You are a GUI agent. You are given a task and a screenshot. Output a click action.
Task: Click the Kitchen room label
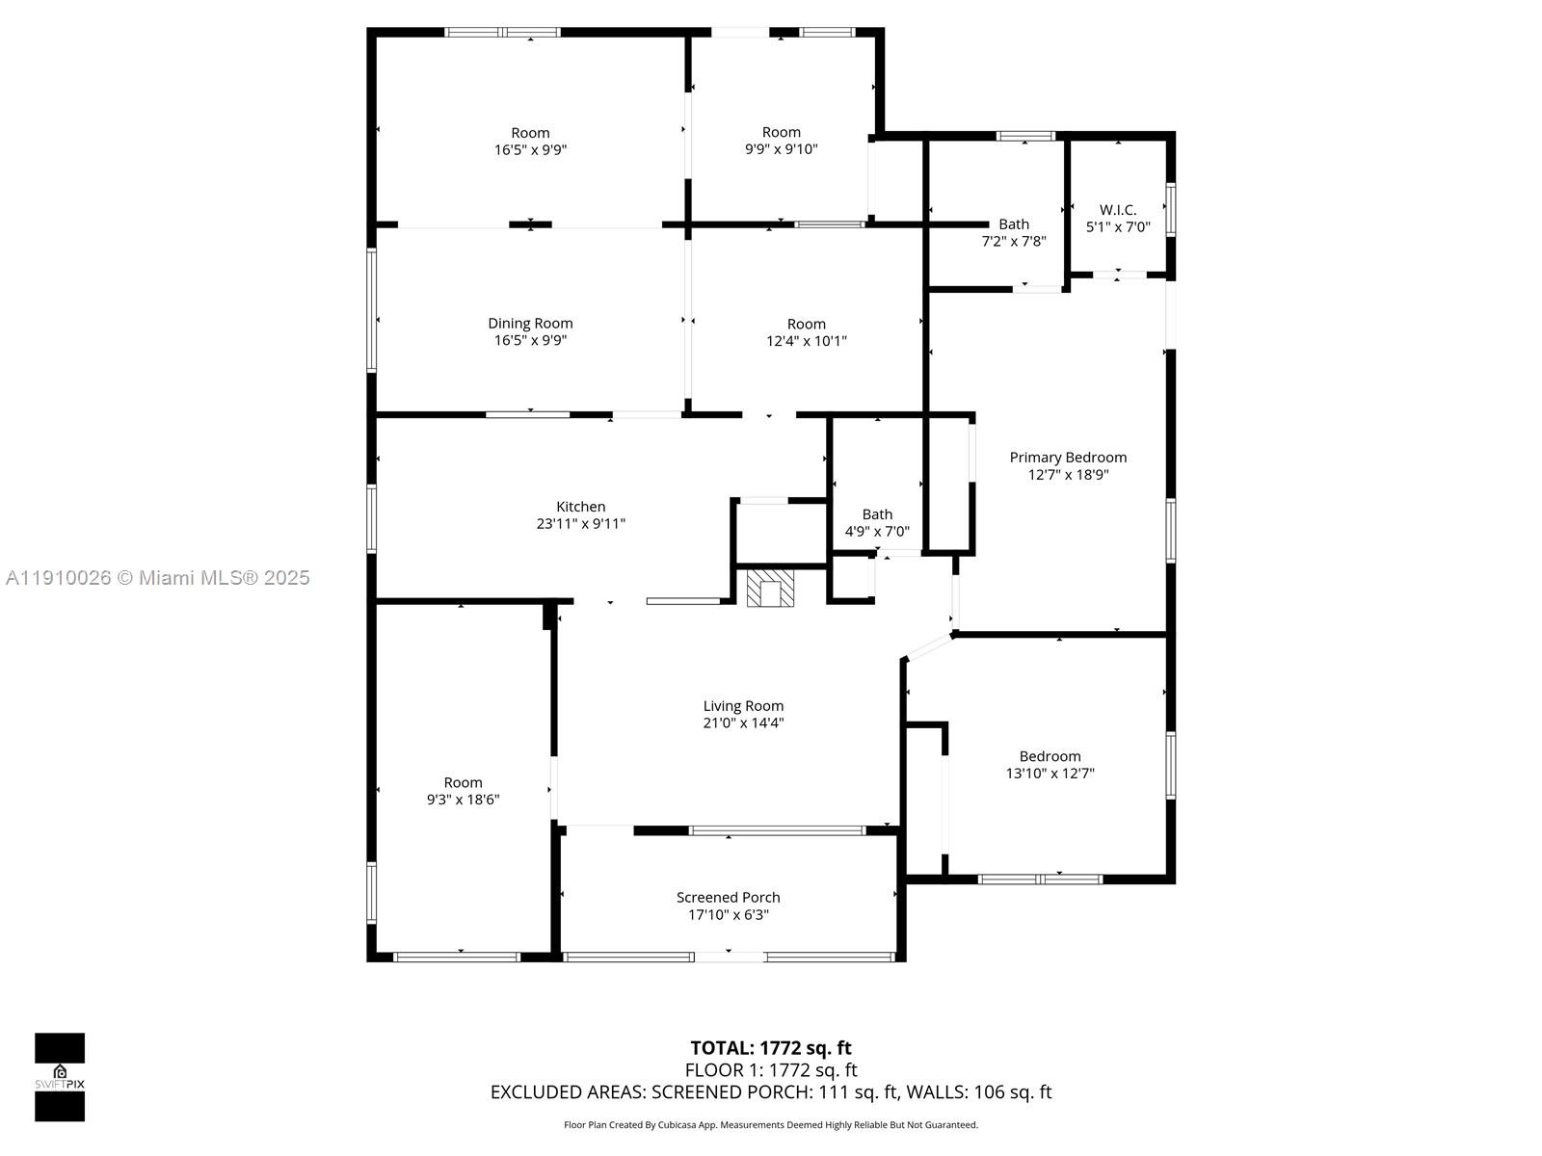580,506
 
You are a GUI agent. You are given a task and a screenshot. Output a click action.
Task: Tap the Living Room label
743,705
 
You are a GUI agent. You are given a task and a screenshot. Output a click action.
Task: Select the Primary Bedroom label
1068,457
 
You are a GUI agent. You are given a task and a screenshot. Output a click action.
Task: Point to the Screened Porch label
728,897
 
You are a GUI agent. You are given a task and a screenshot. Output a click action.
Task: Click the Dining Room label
530,323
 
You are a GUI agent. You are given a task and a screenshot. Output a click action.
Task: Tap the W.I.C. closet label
1118,209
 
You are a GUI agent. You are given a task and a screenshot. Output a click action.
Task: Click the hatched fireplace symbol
770,589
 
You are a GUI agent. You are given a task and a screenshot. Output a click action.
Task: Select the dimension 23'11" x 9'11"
580,524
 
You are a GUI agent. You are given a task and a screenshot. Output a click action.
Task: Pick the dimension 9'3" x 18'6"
463,800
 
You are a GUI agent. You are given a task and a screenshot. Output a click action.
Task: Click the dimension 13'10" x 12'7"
1050,774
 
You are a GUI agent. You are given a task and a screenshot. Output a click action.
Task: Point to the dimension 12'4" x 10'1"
807,341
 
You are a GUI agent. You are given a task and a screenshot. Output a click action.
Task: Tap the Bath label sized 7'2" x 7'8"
1014,223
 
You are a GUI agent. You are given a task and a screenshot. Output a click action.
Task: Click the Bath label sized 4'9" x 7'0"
877,514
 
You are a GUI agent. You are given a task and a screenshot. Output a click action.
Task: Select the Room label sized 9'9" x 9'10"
782,132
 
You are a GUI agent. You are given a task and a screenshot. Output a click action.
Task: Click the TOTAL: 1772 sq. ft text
771,1048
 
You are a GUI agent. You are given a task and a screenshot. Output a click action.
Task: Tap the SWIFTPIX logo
60,1077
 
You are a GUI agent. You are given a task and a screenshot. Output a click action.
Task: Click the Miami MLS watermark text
157,578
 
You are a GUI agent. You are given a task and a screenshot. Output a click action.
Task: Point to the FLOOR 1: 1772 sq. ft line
771,1069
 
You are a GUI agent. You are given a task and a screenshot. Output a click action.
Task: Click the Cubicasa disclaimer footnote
771,1125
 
